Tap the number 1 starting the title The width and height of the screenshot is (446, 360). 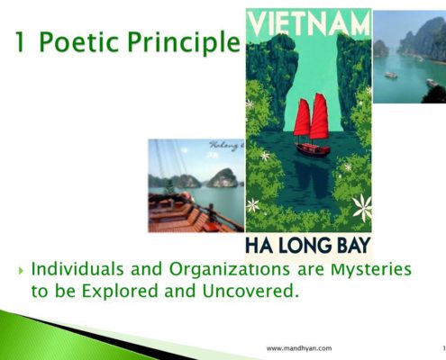click(20, 41)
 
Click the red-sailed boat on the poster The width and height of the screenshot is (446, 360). click(312, 126)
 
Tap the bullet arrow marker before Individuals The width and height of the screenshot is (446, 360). click(20, 270)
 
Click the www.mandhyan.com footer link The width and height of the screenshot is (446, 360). click(300, 347)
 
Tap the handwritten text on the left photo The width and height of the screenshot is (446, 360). click(225, 145)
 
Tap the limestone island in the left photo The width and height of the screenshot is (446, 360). click(223, 177)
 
